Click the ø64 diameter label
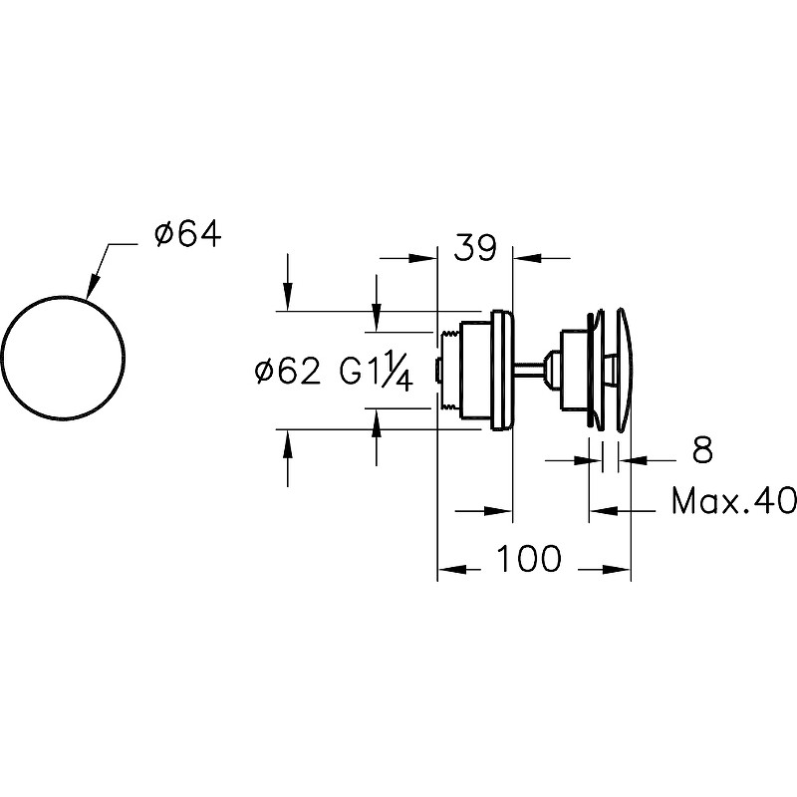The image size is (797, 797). click(x=188, y=235)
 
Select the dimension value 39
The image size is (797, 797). click(x=475, y=247)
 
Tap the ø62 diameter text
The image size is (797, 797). click(x=288, y=371)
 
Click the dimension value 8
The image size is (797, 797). click(x=702, y=449)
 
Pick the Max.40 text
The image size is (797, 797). click(x=734, y=501)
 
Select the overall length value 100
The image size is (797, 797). click(x=528, y=558)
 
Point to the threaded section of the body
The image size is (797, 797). click(x=450, y=371)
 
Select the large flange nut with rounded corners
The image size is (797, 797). click(x=503, y=371)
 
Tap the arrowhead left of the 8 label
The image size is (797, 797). click(x=586, y=460)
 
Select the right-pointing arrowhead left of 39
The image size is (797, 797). click(x=423, y=258)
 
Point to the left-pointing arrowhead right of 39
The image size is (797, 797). click(x=526, y=258)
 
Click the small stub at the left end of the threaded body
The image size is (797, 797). click(x=436, y=371)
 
